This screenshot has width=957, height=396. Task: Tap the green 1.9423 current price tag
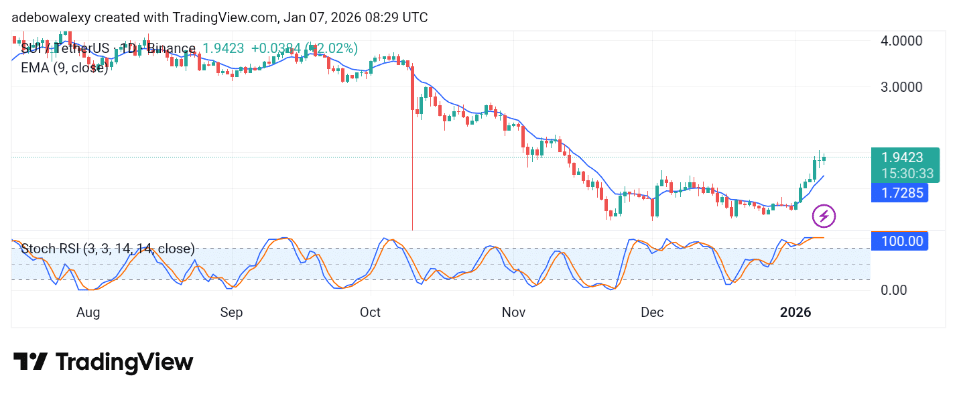pos(902,158)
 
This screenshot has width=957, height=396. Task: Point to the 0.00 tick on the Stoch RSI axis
pos(895,290)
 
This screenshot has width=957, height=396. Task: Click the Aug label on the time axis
pos(88,313)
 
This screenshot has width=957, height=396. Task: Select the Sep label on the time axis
pos(231,313)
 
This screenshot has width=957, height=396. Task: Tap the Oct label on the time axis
pos(370,313)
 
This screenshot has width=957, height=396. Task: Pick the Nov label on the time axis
pos(513,313)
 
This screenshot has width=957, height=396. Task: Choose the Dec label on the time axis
pos(652,313)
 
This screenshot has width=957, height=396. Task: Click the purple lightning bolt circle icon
pos(824,216)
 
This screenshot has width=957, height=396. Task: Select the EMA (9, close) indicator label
pos(64,68)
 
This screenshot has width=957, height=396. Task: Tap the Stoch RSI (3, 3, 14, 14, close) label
pos(108,249)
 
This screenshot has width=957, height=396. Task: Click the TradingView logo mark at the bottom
pos(30,362)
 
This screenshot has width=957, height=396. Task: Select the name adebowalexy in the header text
pos(50,17)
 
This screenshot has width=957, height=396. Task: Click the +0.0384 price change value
pos(275,48)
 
